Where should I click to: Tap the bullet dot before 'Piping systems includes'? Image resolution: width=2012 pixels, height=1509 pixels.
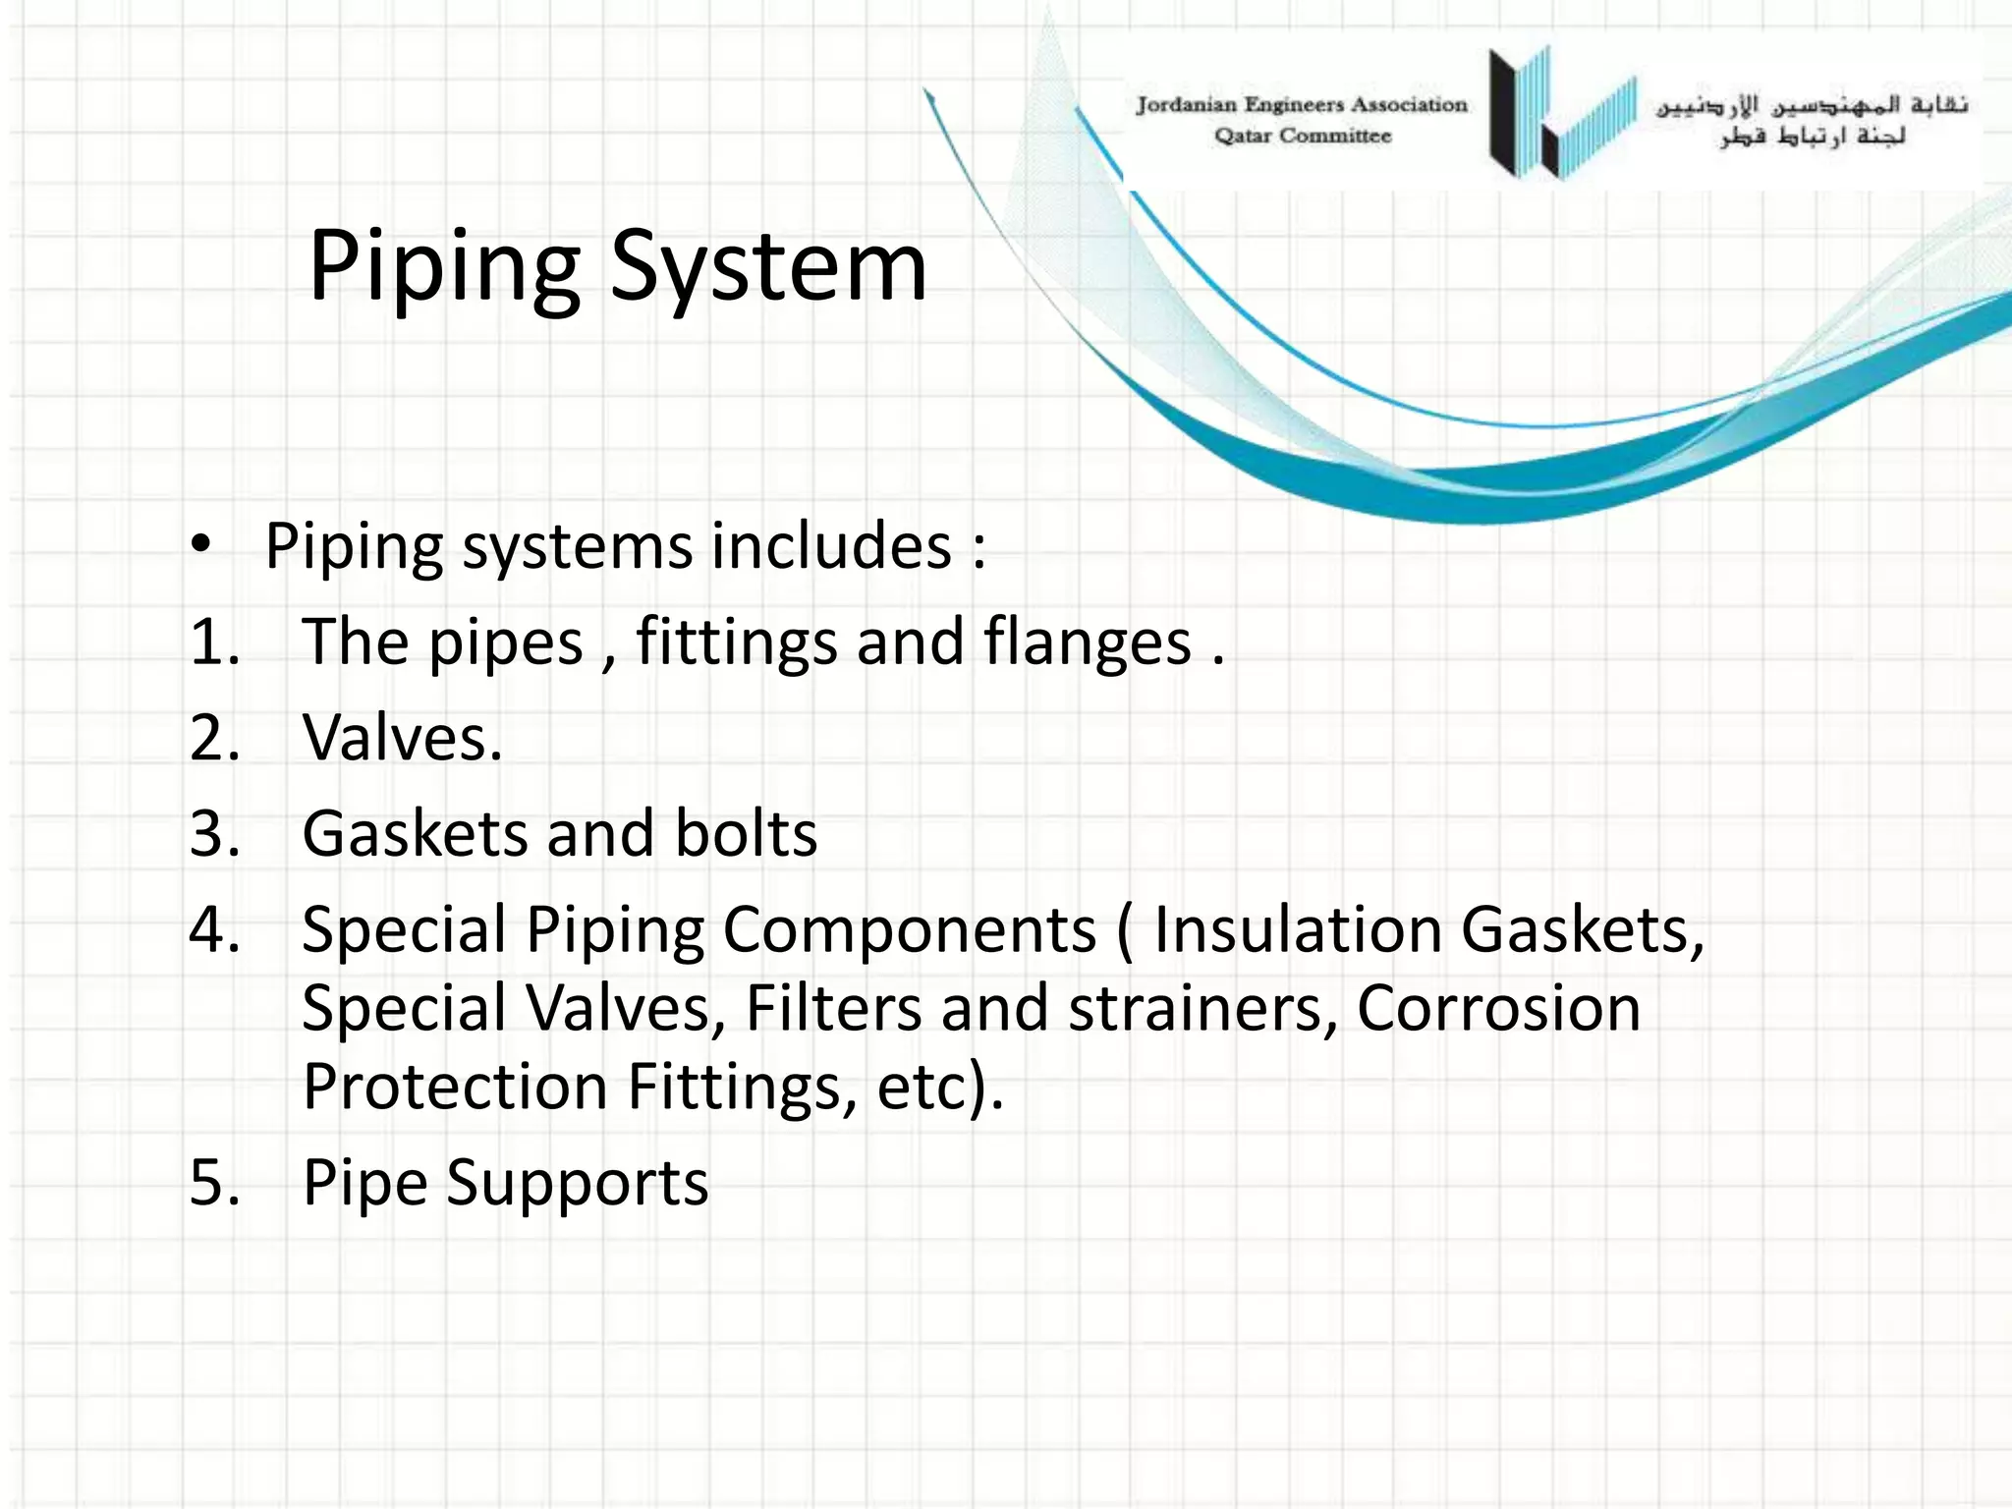click(x=201, y=543)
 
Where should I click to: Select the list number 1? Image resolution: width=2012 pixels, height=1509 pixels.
click(x=214, y=643)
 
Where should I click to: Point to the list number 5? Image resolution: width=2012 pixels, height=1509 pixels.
click(x=214, y=1182)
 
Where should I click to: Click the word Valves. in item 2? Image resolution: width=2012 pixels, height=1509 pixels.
click(x=402, y=738)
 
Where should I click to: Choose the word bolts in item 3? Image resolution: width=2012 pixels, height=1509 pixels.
click(x=746, y=834)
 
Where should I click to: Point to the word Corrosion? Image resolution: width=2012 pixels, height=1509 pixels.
click(x=1498, y=1009)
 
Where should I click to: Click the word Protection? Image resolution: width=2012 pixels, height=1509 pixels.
click(x=455, y=1087)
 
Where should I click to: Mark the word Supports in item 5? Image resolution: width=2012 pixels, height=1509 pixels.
click(x=577, y=1183)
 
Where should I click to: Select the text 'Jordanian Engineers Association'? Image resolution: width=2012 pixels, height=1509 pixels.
click(x=1301, y=105)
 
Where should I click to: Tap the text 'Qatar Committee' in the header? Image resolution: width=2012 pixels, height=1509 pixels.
click(x=1303, y=137)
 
